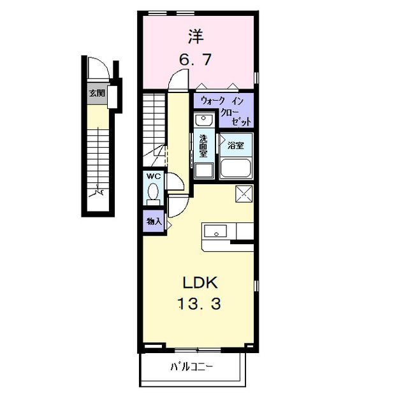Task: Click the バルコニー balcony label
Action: [191, 367]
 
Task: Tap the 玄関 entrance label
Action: [96, 93]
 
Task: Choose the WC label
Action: [153, 176]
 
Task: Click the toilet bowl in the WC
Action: [153, 191]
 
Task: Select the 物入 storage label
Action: [154, 222]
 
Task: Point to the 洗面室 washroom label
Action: [203, 145]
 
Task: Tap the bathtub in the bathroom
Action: [236, 168]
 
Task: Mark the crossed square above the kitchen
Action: [244, 192]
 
